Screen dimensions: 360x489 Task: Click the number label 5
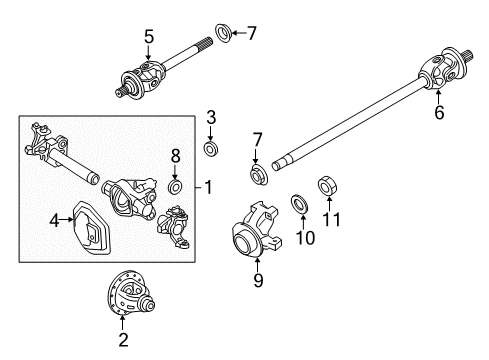(148, 38)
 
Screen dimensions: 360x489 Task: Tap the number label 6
(438, 114)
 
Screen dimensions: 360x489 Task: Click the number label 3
(211, 119)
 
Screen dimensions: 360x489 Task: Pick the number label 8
(176, 155)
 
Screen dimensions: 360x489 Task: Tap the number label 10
(300, 237)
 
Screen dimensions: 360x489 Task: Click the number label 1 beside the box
(208, 187)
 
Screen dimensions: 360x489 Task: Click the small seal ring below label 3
(211, 148)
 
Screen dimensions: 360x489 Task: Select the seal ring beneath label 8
(175, 186)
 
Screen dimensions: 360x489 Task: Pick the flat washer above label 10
(299, 204)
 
